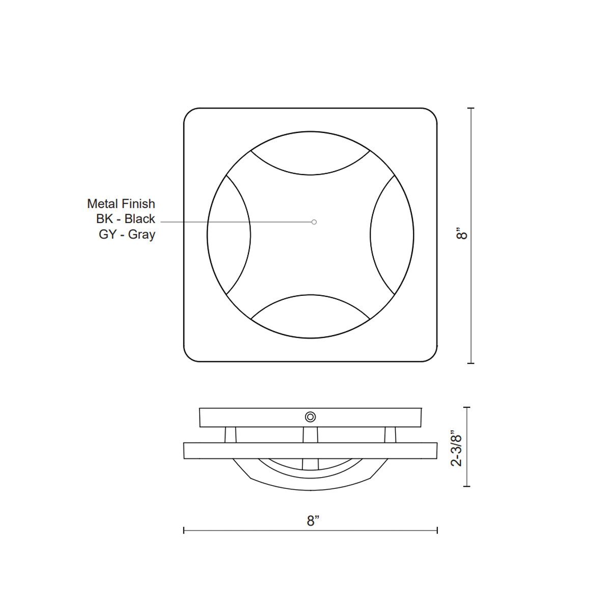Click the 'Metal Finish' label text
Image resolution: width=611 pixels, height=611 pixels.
coord(121,204)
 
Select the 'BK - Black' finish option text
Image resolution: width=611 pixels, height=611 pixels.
coord(125,219)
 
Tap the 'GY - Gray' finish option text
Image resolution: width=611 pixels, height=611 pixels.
coord(127,235)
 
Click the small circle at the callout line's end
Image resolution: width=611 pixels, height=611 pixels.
coord(314,222)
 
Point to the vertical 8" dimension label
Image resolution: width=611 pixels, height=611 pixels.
coord(462,234)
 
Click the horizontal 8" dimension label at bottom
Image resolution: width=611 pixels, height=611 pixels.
coord(313,520)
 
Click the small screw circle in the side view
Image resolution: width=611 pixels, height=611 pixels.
coord(310,417)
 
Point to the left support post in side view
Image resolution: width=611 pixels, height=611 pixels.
coord(231,434)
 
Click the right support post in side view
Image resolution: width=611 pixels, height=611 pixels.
coord(390,434)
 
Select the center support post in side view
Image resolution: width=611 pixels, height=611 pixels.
coord(310,434)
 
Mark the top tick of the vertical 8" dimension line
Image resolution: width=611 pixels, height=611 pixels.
coord(470,108)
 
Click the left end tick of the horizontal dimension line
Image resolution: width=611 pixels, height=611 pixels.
coord(184,531)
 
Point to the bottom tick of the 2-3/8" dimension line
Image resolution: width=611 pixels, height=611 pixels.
coord(467,486)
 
